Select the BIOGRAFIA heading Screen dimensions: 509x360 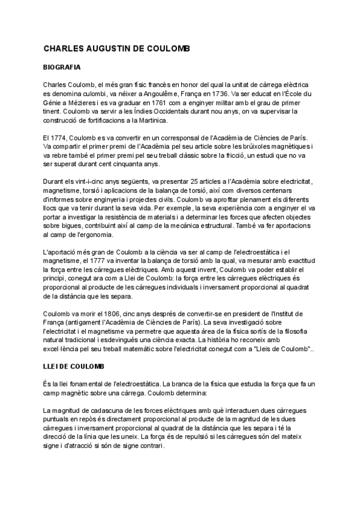[62, 68]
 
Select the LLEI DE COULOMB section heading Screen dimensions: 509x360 [74, 366]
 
